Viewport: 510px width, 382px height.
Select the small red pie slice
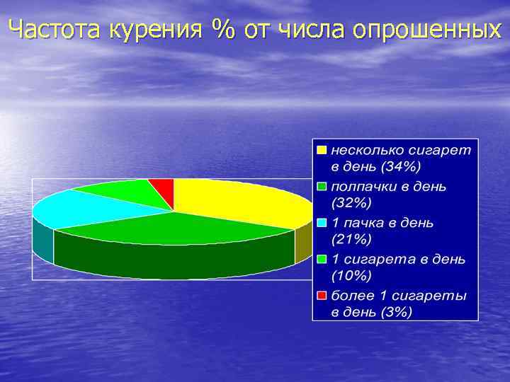click(164, 187)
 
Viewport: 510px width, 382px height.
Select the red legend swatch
click(322, 295)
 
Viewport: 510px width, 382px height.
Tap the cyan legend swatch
click(322, 223)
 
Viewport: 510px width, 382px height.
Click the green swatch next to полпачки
click(322, 187)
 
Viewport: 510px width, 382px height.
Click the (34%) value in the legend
click(402, 167)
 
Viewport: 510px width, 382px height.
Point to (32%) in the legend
click(352, 203)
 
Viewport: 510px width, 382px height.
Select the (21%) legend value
click(352, 239)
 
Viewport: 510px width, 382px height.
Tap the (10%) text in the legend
click(352, 275)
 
